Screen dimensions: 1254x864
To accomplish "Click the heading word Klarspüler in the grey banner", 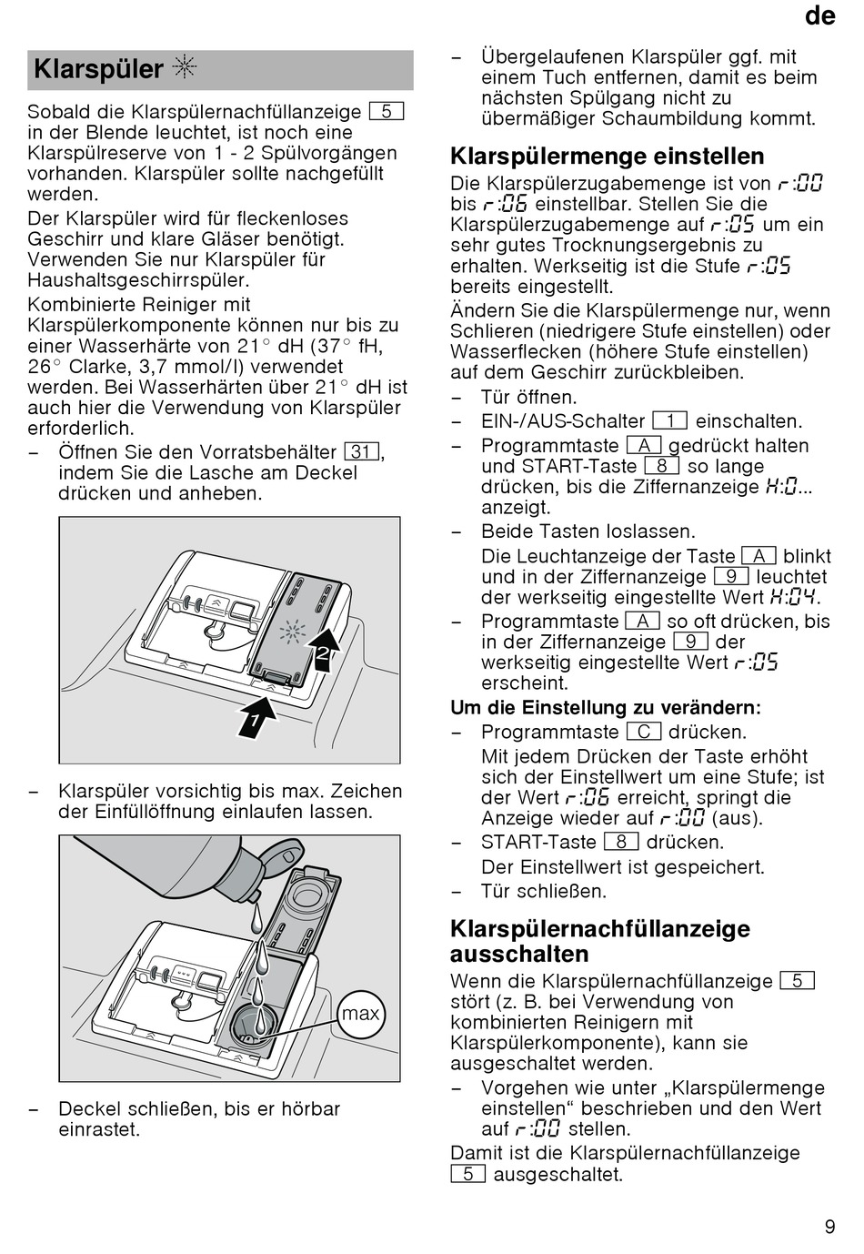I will click(98, 69).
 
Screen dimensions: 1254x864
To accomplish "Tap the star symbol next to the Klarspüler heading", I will click(185, 68).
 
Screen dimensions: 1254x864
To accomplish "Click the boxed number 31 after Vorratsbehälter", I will click(362, 452).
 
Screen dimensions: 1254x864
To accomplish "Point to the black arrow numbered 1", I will click(257, 713).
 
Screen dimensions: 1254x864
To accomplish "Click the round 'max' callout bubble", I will click(361, 1014).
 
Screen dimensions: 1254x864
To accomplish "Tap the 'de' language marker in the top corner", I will click(819, 16).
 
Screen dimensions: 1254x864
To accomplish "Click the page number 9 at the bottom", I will click(829, 1227).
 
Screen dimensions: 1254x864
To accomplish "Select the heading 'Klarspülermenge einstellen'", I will click(607, 156).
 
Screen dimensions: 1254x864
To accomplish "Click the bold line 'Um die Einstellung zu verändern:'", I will click(606, 708).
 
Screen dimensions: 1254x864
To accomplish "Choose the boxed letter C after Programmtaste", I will click(644, 732).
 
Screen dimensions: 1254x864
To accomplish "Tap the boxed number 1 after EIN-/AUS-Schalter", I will click(669, 421).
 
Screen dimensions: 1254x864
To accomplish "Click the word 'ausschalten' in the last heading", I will click(519, 954).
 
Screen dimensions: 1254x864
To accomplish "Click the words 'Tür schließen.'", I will click(544, 891).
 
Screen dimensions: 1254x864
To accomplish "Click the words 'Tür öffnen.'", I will click(529, 397).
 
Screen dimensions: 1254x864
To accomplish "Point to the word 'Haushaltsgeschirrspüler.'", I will click(138, 280).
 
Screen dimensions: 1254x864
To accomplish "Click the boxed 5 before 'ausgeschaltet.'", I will click(468, 1174).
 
